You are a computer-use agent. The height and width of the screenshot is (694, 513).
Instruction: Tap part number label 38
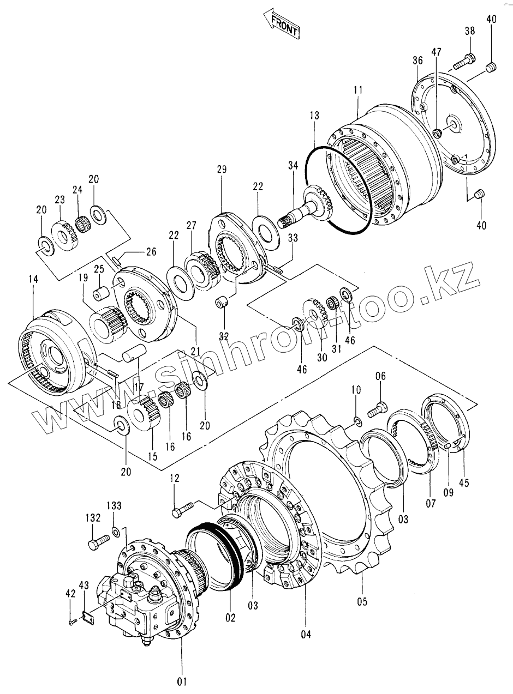(x=470, y=32)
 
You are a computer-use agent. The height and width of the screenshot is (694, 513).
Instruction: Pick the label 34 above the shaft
(x=294, y=166)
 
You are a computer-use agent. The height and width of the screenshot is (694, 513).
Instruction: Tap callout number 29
(x=221, y=170)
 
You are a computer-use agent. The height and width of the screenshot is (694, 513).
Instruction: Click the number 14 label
(x=33, y=279)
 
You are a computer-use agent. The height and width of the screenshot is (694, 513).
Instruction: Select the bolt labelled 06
(x=378, y=408)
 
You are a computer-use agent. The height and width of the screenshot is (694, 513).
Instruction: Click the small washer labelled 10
(x=357, y=420)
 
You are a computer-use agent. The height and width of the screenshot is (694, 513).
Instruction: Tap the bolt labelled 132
(x=96, y=544)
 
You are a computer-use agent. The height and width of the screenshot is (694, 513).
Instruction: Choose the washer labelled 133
(x=116, y=531)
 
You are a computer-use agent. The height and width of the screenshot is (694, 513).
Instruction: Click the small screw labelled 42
(x=71, y=621)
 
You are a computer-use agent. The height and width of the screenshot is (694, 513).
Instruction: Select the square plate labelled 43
(x=85, y=616)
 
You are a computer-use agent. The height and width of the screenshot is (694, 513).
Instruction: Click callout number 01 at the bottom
(x=182, y=681)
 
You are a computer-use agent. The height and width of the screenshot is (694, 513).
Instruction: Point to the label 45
(x=464, y=482)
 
